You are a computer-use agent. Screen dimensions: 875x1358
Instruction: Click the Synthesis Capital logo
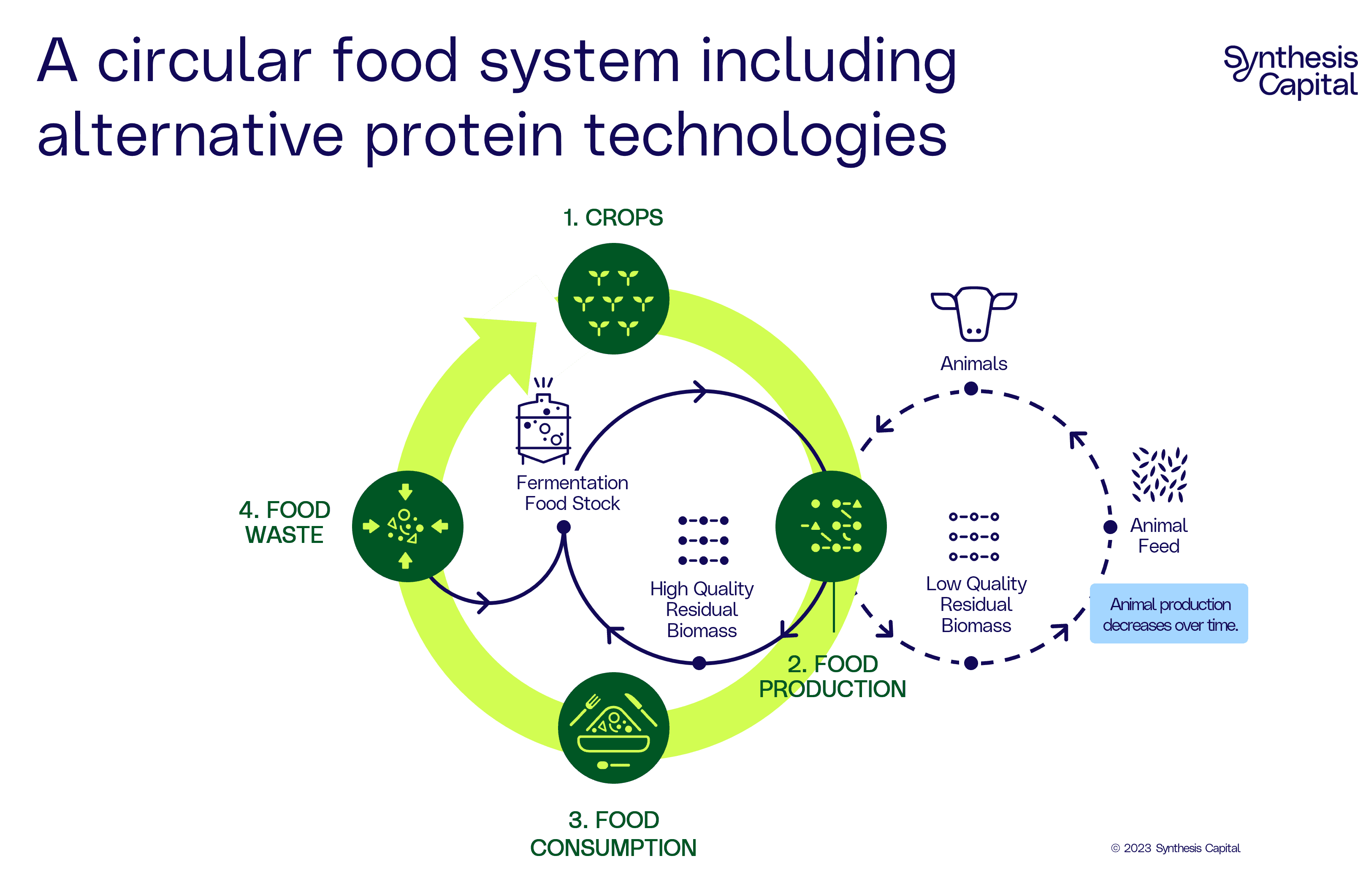[1290, 73]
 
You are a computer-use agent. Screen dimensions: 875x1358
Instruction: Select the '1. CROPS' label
[613, 218]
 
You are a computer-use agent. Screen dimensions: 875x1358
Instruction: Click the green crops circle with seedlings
[613, 299]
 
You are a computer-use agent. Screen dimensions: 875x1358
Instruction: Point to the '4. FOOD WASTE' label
[285, 522]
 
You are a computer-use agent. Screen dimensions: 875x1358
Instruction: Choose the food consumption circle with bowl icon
[613, 728]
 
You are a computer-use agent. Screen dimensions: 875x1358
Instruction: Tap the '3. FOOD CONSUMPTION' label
[613, 834]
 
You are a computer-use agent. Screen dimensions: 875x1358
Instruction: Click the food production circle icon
[831, 526]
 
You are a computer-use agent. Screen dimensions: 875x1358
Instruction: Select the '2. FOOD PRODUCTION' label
[832, 676]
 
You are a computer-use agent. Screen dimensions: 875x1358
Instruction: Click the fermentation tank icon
[543, 423]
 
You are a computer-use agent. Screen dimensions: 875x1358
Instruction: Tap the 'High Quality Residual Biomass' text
[702, 609]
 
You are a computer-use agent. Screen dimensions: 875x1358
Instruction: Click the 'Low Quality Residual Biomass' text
[976, 604]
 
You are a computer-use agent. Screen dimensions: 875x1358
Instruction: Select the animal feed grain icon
[1159, 475]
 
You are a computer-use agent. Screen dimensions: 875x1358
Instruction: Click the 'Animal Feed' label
[1159, 535]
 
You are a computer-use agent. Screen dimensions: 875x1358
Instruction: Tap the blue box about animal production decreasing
[1168, 613]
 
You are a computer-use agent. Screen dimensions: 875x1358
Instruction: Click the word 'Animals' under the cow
[974, 364]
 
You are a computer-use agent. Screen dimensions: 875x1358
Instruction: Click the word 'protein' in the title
[464, 136]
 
